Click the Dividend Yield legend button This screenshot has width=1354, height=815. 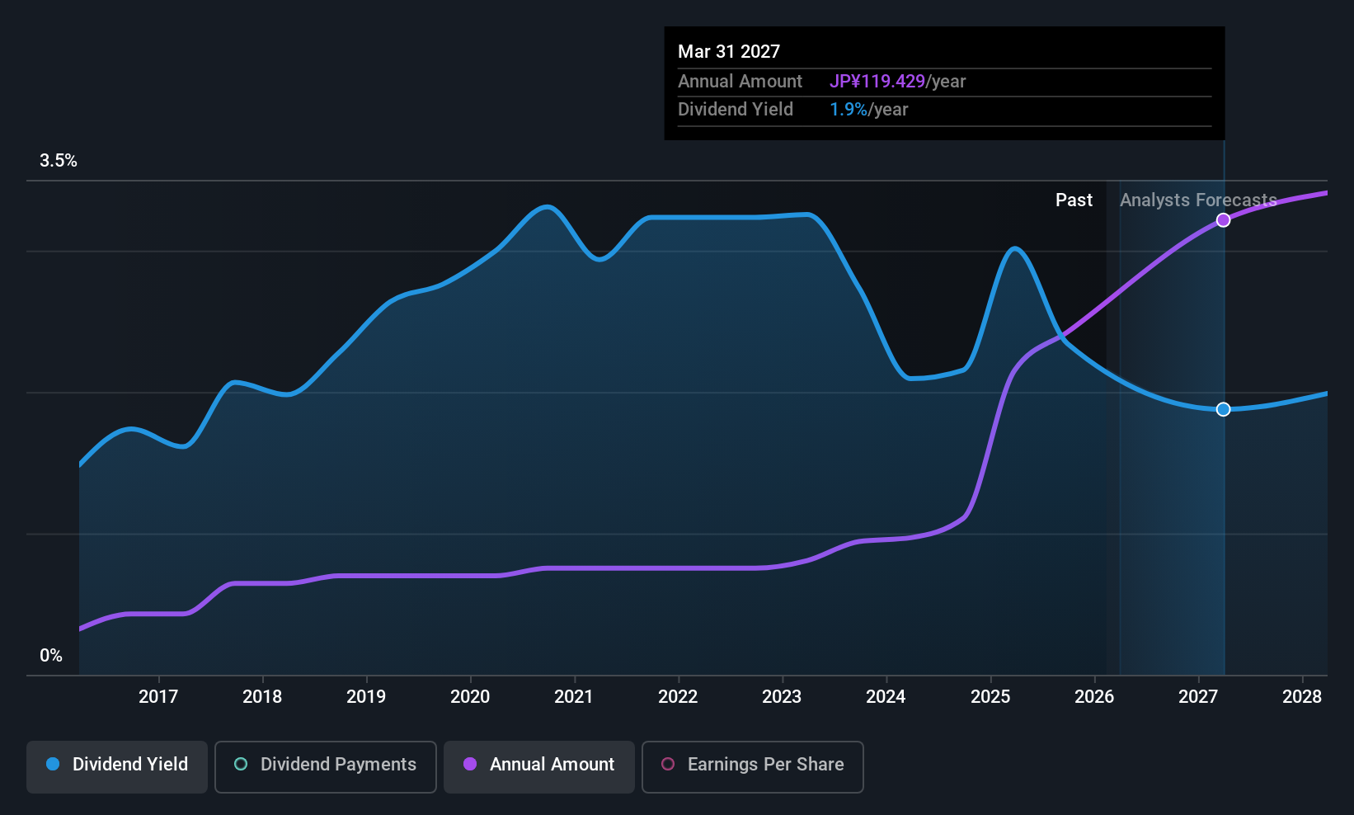[116, 766]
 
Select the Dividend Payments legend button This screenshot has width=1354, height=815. [325, 766]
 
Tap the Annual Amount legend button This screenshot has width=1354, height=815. [539, 766]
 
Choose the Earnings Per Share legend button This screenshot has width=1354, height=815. [753, 766]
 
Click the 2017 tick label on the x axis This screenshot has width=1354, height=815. [158, 696]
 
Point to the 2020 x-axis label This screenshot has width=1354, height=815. [470, 696]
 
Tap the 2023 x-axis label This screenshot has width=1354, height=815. [783, 696]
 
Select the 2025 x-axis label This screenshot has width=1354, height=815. [990, 696]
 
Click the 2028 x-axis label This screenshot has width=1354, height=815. [1302, 696]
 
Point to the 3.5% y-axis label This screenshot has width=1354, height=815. [59, 161]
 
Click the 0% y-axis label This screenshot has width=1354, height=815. [51, 656]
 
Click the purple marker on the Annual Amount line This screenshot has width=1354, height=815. [1223, 220]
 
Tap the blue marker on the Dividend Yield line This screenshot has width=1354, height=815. [1223, 409]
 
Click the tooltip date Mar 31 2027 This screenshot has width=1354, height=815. [729, 51]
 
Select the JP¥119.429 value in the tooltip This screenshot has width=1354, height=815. [877, 81]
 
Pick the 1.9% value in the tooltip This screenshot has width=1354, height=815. [849, 110]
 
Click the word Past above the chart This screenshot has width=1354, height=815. [1074, 200]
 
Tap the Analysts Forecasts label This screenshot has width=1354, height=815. [1199, 200]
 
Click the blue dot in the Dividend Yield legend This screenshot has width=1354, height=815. [54, 764]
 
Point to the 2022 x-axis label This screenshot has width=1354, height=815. [678, 696]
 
